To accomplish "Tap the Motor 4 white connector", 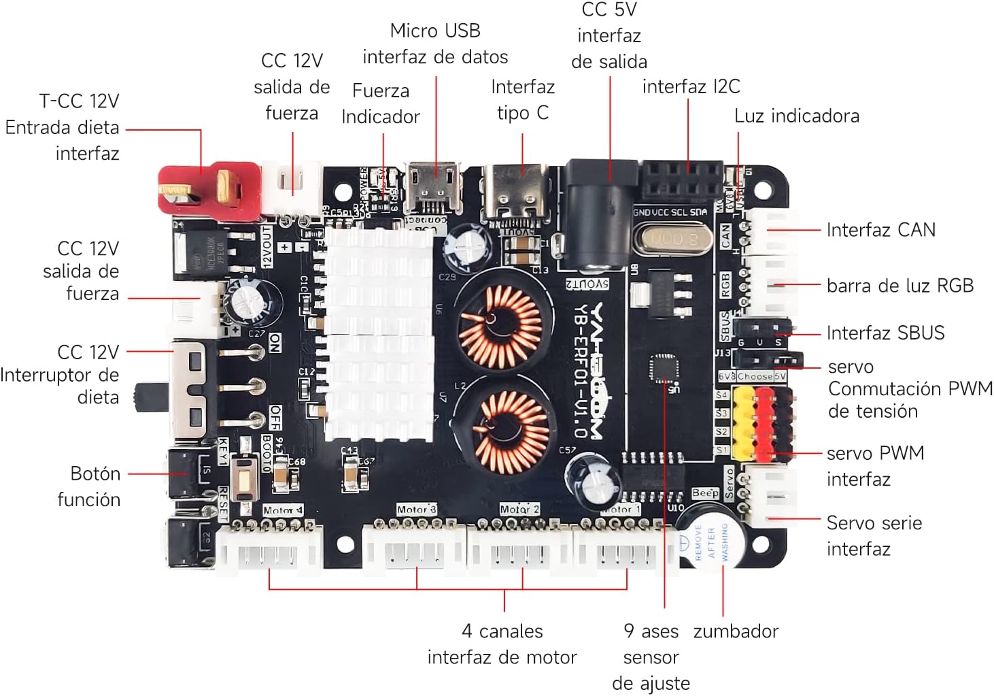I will pyautogui.click(x=269, y=548).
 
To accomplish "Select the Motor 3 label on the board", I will pyautogui.click(x=416, y=510).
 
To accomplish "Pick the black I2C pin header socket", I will pyautogui.click(x=682, y=180).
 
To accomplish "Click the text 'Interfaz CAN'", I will pyautogui.click(x=880, y=230).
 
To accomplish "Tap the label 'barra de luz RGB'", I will pyautogui.click(x=899, y=286).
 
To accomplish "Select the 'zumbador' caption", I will pyautogui.click(x=736, y=631).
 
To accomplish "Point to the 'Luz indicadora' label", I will pyautogui.click(x=796, y=116).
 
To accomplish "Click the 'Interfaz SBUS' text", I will pyautogui.click(x=885, y=333).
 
